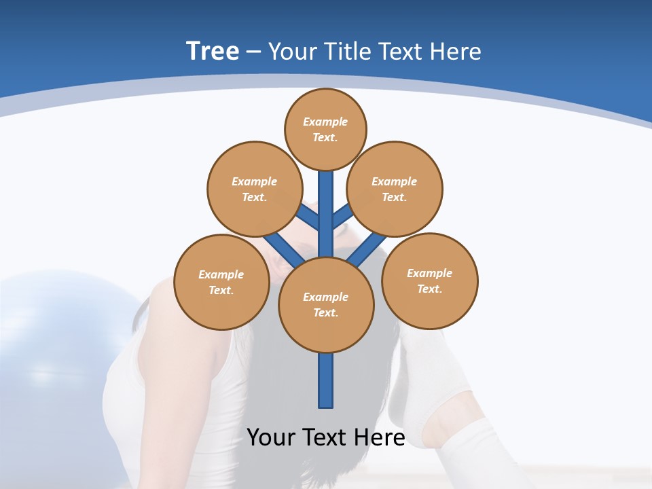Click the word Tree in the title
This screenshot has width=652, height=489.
pyautogui.click(x=213, y=51)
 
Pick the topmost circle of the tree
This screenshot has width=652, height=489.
pyautogui.click(x=325, y=129)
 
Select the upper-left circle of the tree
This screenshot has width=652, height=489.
pyautogui.click(x=254, y=189)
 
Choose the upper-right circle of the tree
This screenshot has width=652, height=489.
pyautogui.click(x=395, y=189)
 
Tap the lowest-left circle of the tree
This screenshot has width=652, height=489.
pyautogui.click(x=221, y=282)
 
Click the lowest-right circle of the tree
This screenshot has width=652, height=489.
pyautogui.click(x=429, y=280)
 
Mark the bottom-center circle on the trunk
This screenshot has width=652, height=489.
pyautogui.click(x=326, y=305)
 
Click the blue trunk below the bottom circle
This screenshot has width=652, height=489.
pyautogui.click(x=326, y=380)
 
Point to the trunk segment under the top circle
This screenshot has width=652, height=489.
pyautogui.click(x=326, y=204)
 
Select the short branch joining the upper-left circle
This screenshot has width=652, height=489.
pyautogui.click(x=308, y=217)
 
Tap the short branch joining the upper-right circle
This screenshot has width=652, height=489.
pyautogui.click(x=342, y=216)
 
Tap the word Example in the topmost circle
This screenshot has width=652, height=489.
pyautogui.click(x=325, y=122)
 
